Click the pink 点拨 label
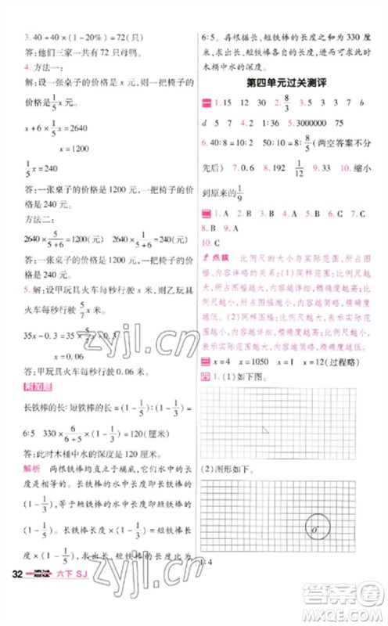214,257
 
